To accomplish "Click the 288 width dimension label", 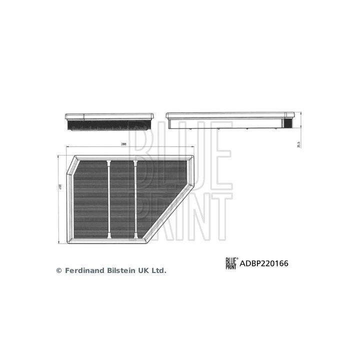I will tap(123, 144).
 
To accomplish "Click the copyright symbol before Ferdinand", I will tap(58, 270).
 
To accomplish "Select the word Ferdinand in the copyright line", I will tap(82, 270).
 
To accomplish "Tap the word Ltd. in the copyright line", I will tap(158, 270).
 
